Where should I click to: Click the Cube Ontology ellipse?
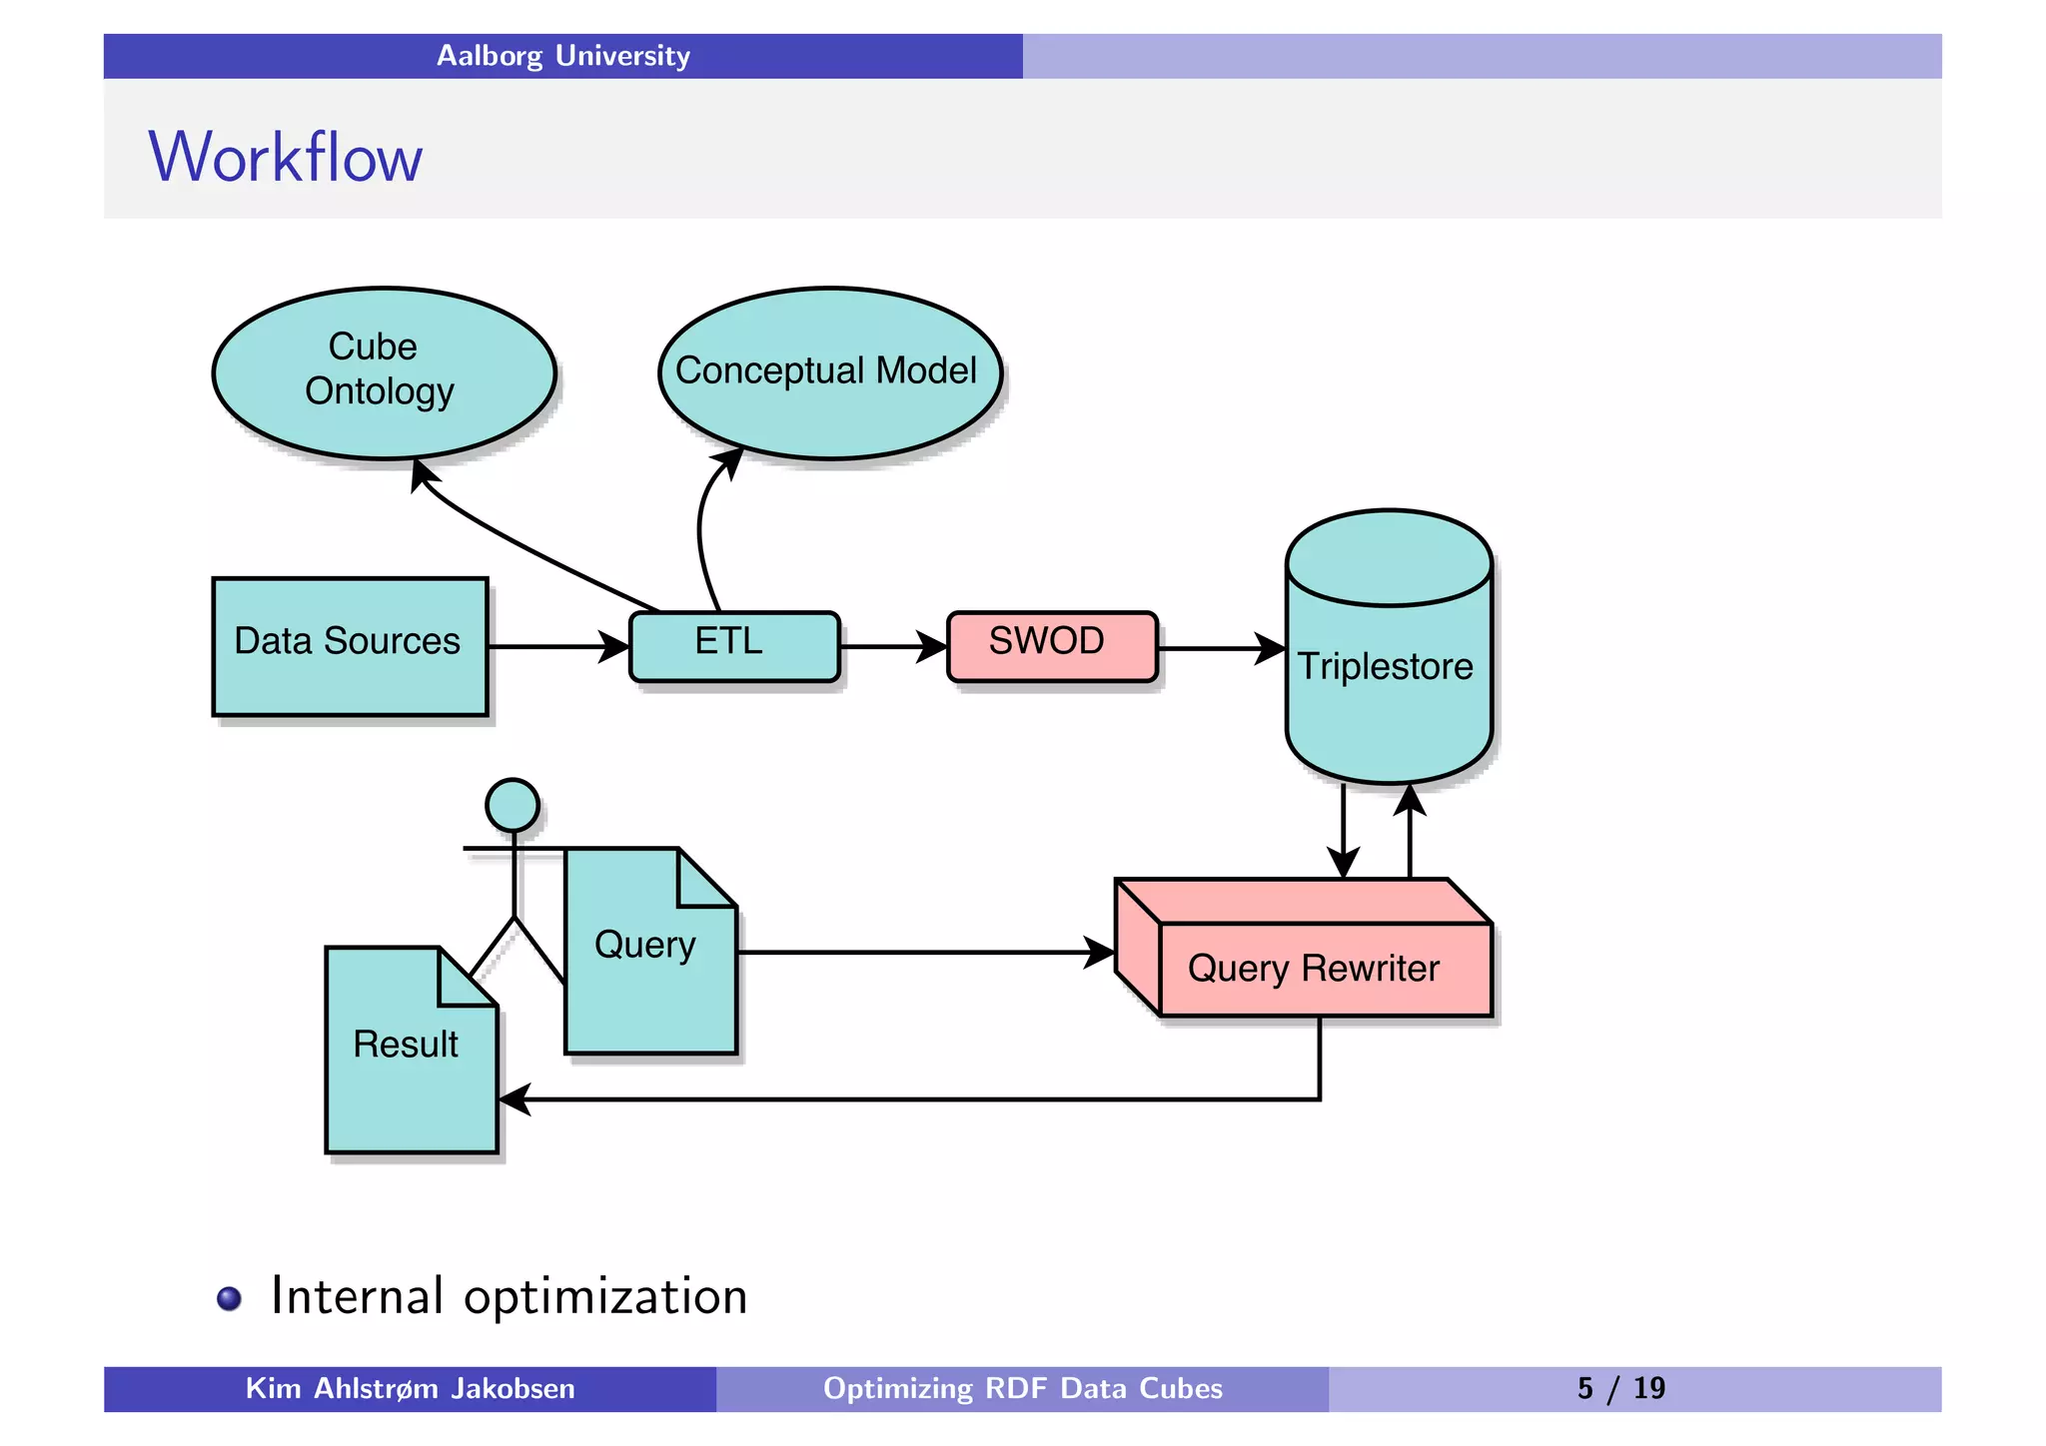[384, 372]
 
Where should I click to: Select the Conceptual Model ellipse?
[829, 372]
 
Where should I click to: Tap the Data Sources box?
[350, 645]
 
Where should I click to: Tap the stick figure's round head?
[512, 805]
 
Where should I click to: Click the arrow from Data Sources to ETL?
[554, 646]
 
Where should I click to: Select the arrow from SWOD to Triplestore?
[1219, 648]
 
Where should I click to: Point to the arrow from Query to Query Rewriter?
[919, 952]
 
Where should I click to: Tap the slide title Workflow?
[286, 157]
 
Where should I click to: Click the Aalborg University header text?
[562, 56]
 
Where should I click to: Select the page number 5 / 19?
[1620, 1388]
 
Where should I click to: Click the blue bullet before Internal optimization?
[229, 1297]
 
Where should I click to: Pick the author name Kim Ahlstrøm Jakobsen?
[410, 1388]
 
